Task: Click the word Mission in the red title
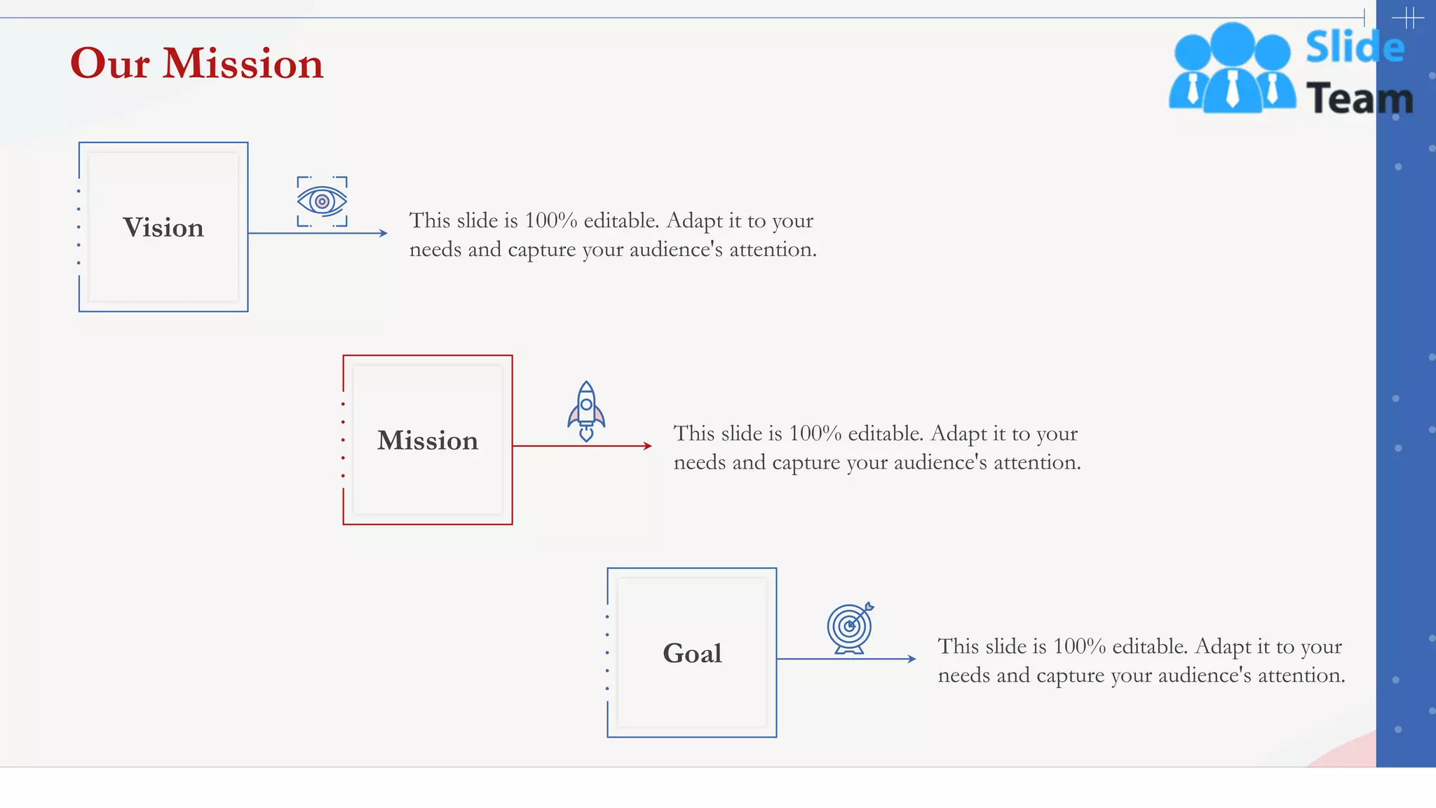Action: pos(243,64)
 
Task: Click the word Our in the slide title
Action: pos(109,64)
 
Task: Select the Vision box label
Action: pos(163,228)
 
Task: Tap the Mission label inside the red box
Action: pos(428,440)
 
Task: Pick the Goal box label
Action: pos(692,654)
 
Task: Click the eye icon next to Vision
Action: pos(322,202)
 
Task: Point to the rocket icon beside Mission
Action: pos(586,412)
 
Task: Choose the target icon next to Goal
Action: pos(850,628)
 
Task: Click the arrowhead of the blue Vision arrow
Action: pos(384,233)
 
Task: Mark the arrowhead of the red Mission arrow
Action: pos(648,446)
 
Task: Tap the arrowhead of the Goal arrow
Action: pos(912,659)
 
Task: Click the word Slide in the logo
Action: pos(1355,48)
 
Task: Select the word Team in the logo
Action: pos(1359,99)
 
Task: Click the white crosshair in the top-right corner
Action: pos(1407,18)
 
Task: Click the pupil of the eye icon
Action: pos(322,202)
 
